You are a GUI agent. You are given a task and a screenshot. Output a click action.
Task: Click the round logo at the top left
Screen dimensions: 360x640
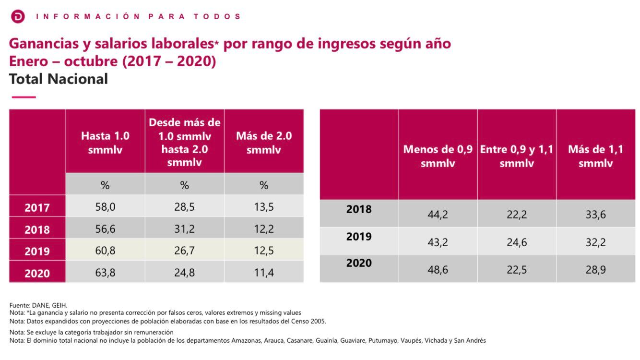pos(18,16)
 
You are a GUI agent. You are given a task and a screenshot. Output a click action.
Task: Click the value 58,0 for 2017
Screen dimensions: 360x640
pos(105,207)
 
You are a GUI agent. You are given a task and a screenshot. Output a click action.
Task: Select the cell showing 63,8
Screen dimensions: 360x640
pos(105,273)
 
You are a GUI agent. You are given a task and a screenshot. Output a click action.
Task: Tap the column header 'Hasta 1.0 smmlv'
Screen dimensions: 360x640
pos(105,143)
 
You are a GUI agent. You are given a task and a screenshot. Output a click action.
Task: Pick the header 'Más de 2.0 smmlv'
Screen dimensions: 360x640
pos(263,143)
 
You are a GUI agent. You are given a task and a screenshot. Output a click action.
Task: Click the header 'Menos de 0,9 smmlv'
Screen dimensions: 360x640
pos(438,156)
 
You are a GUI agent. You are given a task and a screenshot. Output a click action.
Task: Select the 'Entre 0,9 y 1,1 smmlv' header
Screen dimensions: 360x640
pos(517,156)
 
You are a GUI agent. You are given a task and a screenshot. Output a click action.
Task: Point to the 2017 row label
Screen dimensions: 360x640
pos(37,208)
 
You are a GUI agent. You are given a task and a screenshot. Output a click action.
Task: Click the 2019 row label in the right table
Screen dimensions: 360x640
pos(359,237)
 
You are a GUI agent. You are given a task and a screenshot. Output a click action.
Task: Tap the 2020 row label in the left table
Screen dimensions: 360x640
pos(37,273)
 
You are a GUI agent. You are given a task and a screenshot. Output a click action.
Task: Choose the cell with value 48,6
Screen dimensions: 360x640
pos(438,270)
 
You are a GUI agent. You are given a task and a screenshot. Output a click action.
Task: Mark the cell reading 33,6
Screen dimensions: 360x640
pos(595,215)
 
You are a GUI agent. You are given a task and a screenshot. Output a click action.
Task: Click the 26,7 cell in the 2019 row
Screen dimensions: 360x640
pos(184,251)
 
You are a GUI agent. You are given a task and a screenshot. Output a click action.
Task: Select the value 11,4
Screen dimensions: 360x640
pos(263,273)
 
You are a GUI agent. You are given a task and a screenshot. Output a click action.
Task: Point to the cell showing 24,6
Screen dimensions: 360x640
pos(517,242)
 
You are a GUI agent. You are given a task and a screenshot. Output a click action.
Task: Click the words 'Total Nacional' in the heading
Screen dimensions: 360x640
pos(59,79)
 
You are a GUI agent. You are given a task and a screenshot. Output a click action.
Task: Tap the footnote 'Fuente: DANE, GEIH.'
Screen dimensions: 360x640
pos(38,305)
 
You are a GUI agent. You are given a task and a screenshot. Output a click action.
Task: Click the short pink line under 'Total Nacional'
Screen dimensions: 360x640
pos(24,97)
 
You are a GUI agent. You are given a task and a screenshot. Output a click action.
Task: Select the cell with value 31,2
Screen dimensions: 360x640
pos(184,229)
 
